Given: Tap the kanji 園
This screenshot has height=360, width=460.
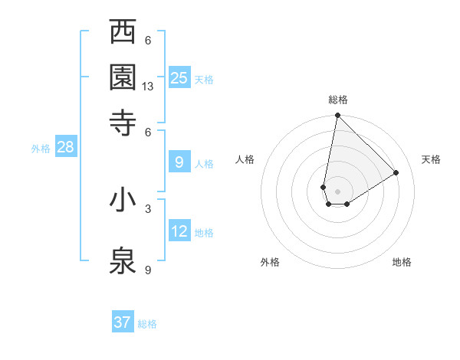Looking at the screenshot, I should [123, 77].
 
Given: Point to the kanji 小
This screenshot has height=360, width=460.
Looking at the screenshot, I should [123, 200].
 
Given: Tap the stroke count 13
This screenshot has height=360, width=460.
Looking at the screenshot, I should [148, 87].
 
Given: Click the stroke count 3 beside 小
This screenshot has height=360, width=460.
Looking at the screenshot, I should [148, 208].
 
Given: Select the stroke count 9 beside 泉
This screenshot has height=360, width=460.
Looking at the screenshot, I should [148, 269].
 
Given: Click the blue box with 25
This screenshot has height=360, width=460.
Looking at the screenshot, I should [179, 77].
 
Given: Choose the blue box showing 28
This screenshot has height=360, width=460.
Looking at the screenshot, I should [65, 147].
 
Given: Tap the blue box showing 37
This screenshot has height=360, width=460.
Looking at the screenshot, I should [123, 322].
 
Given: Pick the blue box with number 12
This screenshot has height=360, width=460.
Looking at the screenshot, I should [179, 231].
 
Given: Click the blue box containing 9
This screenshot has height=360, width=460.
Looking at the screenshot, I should [179, 162].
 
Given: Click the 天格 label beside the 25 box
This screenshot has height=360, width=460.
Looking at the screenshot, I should [204, 80].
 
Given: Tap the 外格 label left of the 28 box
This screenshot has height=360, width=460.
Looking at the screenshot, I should [40, 149].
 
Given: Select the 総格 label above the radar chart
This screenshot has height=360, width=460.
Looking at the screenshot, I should [338, 100].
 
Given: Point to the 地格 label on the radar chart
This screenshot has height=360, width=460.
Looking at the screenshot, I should [402, 262].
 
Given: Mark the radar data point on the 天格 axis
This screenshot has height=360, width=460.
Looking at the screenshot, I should [396, 172].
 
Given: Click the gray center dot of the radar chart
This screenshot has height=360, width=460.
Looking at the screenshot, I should [337, 191].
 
